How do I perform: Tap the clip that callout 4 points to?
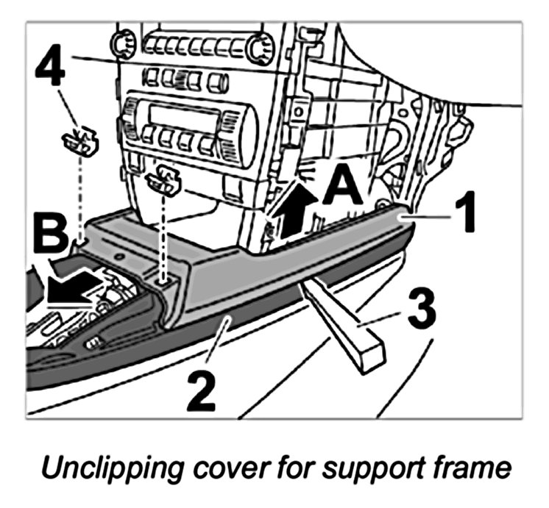click(x=79, y=142)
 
